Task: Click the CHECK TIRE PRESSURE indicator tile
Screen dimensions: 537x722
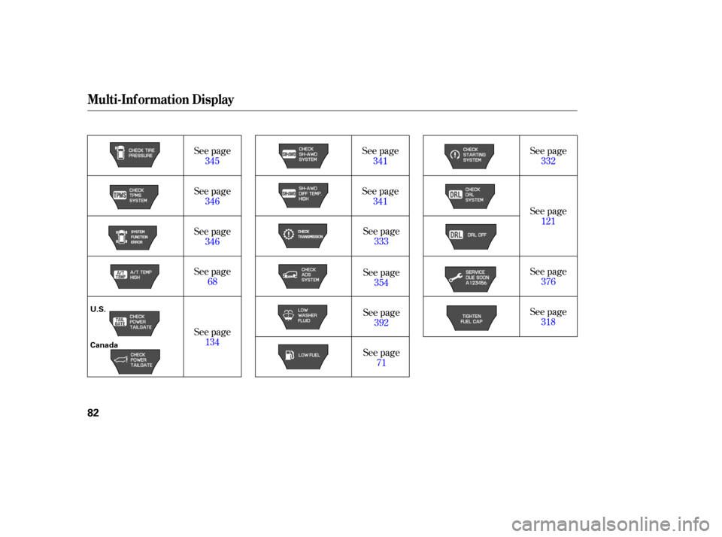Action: (135, 154)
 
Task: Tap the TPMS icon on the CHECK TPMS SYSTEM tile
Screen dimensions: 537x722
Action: (119, 196)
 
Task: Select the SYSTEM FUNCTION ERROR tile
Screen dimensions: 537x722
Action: (135, 236)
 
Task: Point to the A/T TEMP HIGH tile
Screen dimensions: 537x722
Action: (135, 276)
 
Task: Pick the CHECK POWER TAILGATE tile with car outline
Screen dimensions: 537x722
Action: (135, 361)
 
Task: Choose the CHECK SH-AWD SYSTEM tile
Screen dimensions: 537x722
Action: (303, 154)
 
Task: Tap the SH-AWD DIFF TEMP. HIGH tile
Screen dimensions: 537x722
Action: (303, 196)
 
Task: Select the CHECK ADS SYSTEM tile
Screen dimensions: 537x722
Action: (303, 275)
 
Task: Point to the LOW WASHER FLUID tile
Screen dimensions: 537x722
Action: (303, 316)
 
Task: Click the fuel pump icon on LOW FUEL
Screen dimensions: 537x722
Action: (289, 355)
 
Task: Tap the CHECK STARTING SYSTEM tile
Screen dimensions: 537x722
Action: (469, 156)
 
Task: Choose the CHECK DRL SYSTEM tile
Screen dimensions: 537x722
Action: (469, 196)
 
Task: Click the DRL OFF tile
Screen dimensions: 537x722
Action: (469, 235)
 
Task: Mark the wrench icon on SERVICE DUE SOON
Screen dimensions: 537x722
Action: (455, 276)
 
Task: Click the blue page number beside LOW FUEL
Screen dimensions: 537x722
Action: (381, 363)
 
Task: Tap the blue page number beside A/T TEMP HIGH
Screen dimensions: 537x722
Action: (212, 282)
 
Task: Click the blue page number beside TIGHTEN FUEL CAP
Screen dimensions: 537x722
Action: (548, 322)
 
